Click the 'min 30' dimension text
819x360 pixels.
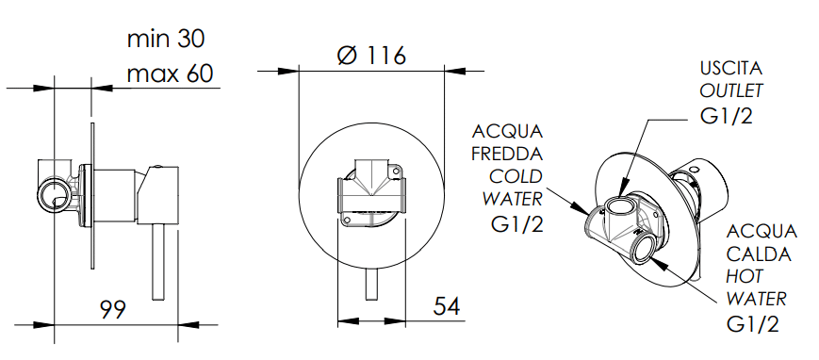coord(166,39)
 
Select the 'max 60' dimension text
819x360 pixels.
coord(170,74)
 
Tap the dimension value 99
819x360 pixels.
coord(113,309)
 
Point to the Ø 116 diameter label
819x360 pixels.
coord(371,56)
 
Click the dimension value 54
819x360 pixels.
coord(447,305)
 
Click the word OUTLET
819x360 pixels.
coord(731,90)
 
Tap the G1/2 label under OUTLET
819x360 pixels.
coord(727,115)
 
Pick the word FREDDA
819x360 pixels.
coord(507,155)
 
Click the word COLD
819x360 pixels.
coord(516,176)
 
